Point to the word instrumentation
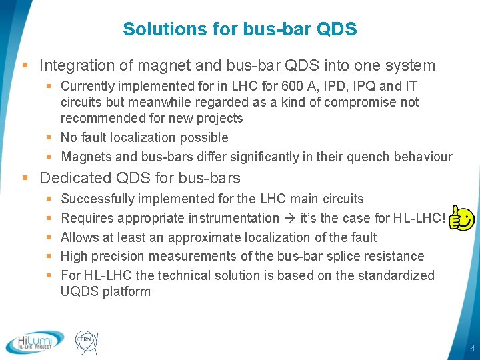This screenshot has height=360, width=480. [233, 218]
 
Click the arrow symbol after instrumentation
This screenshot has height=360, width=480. [291, 218]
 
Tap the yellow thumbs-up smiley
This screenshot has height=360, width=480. [461, 217]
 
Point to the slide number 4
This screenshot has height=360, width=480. [471, 348]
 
